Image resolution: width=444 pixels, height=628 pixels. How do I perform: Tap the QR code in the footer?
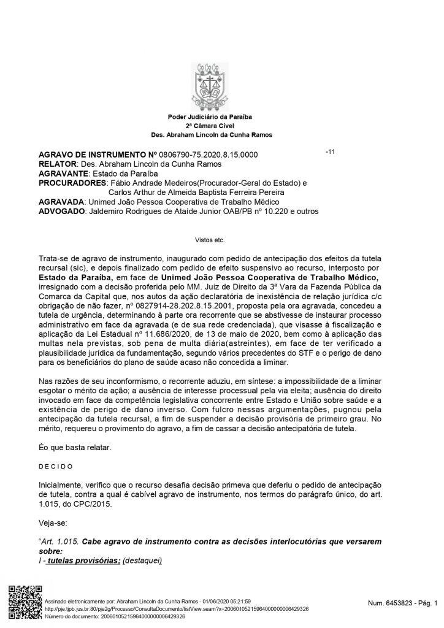23,603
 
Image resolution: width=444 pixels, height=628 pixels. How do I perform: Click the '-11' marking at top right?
330,152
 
